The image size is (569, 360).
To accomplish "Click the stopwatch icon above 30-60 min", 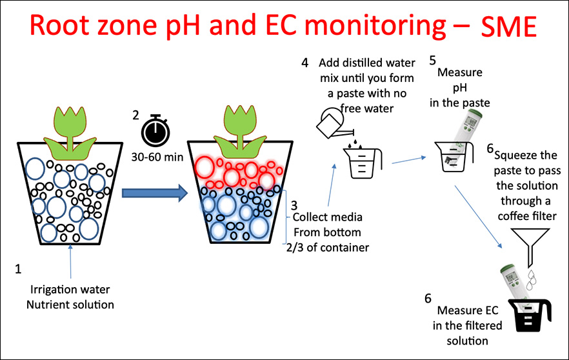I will [156, 132].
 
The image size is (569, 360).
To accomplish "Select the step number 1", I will [19, 266].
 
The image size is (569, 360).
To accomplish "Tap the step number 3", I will [294, 205].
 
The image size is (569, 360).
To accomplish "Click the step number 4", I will [304, 63].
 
